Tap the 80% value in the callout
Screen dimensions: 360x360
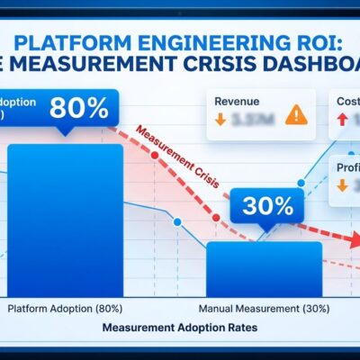(x=77, y=109)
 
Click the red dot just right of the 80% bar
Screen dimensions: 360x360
(x=154, y=156)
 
